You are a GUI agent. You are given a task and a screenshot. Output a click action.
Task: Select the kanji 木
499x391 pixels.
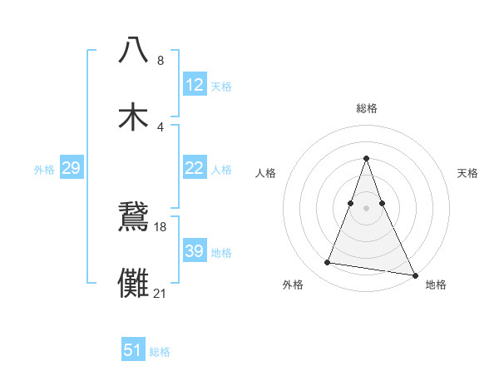point(134,116)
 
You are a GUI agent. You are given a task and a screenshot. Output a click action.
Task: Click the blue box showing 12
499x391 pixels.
point(195,85)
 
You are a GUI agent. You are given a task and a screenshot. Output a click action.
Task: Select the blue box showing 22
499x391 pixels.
point(195,168)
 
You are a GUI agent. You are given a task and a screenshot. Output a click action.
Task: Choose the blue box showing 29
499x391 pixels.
point(71,168)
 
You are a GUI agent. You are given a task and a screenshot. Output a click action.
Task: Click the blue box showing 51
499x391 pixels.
point(133,350)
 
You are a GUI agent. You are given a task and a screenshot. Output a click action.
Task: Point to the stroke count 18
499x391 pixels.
point(161,226)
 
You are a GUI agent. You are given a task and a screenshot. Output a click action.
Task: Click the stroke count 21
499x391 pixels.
point(161,293)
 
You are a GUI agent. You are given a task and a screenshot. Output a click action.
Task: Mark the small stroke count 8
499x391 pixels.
point(161,60)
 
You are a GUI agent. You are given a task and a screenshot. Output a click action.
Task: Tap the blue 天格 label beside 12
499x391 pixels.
point(221,86)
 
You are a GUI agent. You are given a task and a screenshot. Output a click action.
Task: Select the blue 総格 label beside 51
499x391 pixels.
point(160,351)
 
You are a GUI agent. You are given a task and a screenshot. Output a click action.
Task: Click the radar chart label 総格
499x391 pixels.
point(367,108)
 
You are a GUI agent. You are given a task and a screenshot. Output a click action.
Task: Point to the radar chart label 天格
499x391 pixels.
point(468,173)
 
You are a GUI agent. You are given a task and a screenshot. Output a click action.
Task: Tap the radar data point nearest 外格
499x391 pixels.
point(328,263)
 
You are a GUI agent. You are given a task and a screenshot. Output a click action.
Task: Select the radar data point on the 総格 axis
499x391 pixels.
point(367,158)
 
